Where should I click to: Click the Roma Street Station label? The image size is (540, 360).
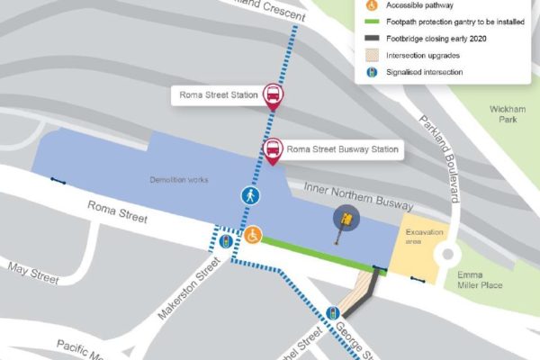(x=215, y=94)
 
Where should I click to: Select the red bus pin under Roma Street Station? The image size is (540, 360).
(x=273, y=96)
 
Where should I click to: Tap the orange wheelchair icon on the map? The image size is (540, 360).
(x=254, y=235)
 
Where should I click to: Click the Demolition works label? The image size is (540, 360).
(x=179, y=180)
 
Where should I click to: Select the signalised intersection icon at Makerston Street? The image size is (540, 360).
(x=225, y=240)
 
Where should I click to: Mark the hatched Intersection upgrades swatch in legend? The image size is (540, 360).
(x=372, y=55)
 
